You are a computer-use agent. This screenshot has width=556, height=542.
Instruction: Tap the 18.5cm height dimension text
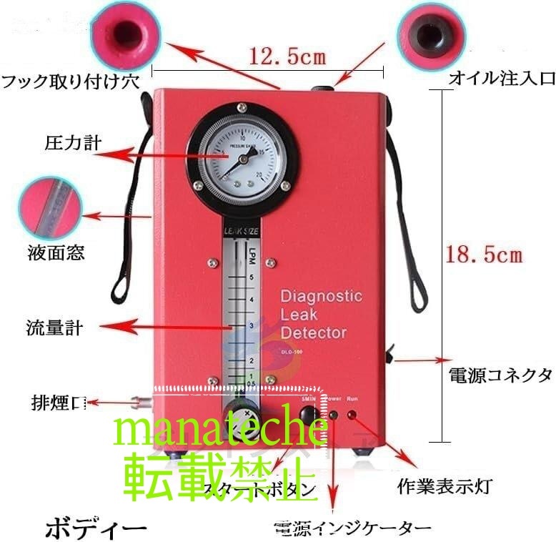(x=484, y=254)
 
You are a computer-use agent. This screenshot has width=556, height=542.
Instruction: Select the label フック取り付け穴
(x=70, y=79)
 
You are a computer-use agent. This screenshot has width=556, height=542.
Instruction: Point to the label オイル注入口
(x=501, y=78)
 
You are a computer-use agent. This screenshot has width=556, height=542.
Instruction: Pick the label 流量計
(x=54, y=329)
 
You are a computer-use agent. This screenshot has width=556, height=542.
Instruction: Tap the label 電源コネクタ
(x=500, y=375)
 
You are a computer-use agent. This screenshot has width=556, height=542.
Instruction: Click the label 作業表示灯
(x=444, y=487)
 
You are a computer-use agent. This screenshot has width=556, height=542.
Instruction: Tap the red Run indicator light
(x=352, y=415)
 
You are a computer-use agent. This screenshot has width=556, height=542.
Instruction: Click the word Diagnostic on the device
(x=321, y=296)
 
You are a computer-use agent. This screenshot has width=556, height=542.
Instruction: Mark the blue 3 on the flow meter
(x=251, y=325)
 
